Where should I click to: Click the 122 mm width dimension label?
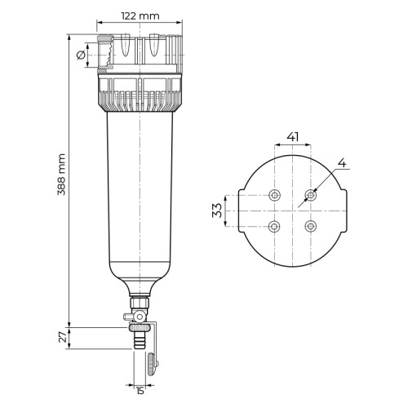140,16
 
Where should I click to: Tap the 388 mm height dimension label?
62,175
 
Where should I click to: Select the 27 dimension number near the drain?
63,337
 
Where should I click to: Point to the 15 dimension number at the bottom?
140,391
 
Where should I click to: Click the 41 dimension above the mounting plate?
293,137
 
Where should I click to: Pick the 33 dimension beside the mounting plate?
217,211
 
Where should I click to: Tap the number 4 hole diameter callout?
342,163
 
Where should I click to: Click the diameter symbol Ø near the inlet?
81,55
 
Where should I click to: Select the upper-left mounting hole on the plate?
274,195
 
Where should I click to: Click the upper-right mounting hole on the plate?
310,195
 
